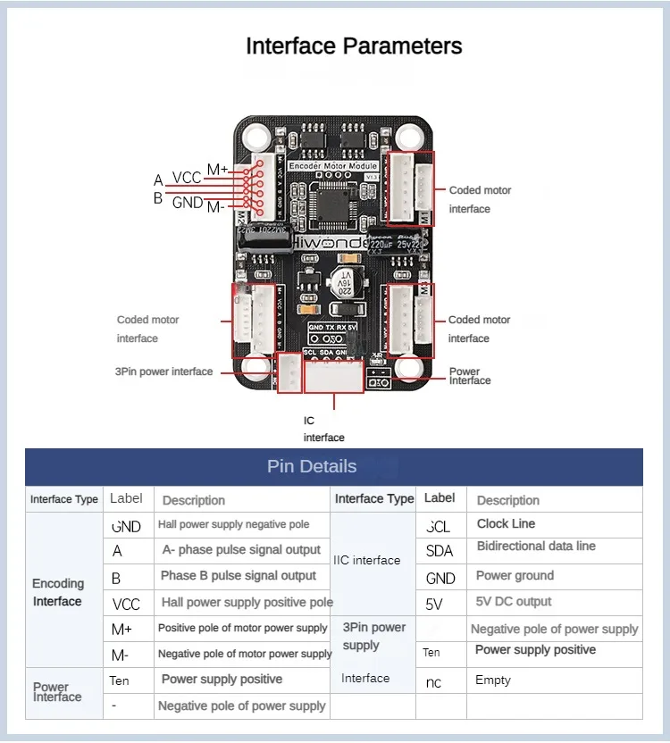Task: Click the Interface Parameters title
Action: (354, 46)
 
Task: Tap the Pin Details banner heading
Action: (311, 466)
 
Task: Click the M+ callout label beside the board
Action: (218, 170)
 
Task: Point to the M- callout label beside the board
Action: (215, 207)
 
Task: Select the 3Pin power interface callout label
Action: (163, 371)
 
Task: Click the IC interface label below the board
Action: (323, 429)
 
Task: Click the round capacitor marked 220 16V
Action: (343, 284)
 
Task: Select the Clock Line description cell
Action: (506, 524)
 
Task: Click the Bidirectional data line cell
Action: (536, 547)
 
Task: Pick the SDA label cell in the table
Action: (440, 551)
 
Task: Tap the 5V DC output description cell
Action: (514, 602)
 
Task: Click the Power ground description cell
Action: (515, 576)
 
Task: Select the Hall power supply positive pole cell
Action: (247, 603)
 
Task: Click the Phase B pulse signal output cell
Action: (239, 576)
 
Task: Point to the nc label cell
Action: (433, 681)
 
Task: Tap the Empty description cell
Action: (493, 680)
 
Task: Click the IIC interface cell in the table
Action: (366, 561)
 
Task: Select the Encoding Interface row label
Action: (58, 592)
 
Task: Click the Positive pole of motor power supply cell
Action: (243, 629)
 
